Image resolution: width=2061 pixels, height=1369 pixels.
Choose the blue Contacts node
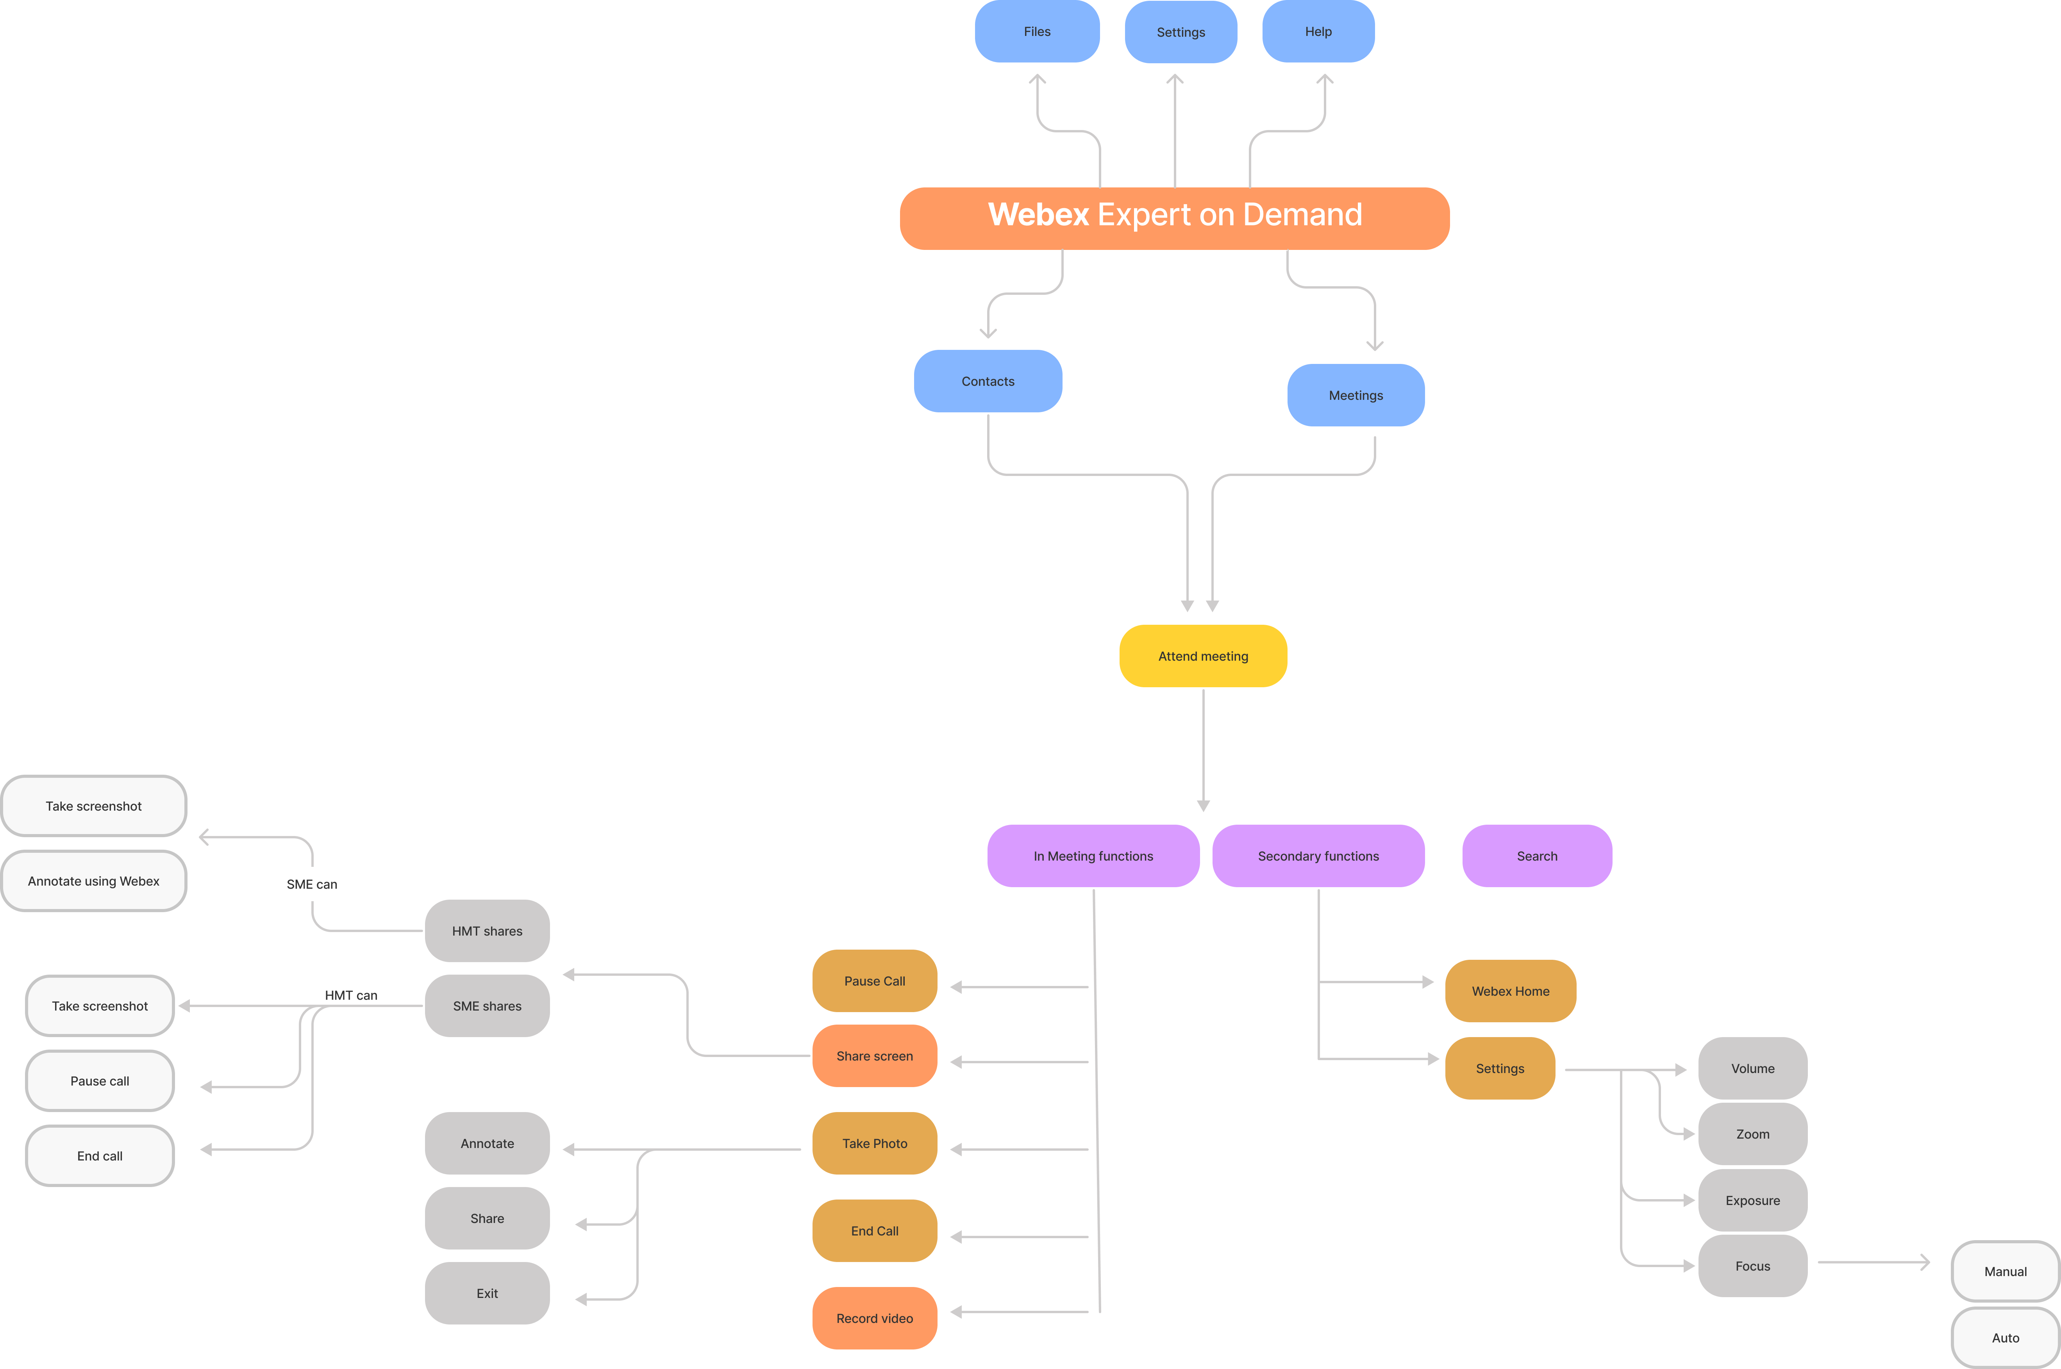pyautogui.click(x=988, y=381)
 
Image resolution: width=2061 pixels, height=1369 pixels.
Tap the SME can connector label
pyautogui.click(x=312, y=884)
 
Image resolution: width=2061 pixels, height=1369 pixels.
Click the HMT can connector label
pyautogui.click(x=351, y=995)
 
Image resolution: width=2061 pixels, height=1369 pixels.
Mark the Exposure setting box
pyautogui.click(x=1753, y=1200)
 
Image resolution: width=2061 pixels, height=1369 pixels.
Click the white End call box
pyautogui.click(x=100, y=1156)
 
